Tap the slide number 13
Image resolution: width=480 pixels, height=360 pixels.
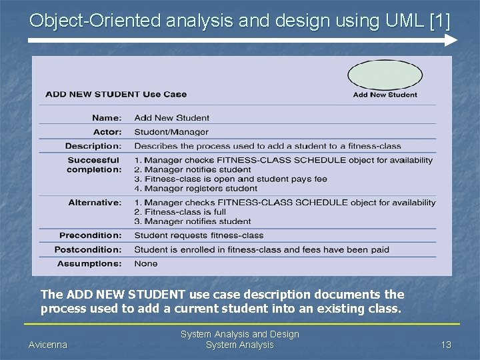[x=446, y=345]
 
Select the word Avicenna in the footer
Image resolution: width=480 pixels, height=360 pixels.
[x=47, y=345]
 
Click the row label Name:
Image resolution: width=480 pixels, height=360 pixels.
[x=107, y=118]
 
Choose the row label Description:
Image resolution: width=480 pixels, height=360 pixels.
[x=93, y=146]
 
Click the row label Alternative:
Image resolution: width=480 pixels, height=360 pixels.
[x=95, y=203]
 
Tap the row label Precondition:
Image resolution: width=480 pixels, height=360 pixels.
[x=91, y=235]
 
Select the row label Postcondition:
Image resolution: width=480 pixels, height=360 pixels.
[x=89, y=249]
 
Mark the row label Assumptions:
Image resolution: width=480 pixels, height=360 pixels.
[x=90, y=263]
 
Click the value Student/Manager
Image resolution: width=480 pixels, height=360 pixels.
[x=171, y=132]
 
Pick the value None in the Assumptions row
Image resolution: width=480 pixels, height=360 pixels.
[x=146, y=263]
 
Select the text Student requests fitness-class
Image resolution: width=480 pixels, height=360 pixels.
[x=199, y=235]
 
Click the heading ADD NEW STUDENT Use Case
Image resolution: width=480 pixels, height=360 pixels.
[x=116, y=94]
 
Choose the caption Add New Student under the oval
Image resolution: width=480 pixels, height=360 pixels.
[x=385, y=95]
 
